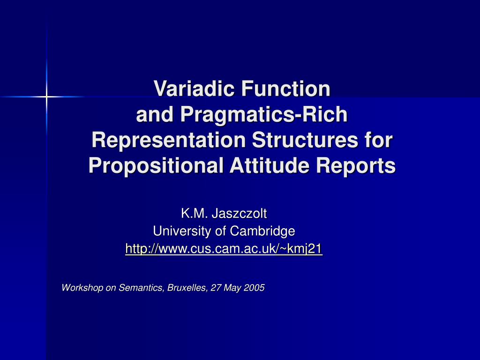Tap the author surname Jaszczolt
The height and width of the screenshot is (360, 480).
(x=239, y=214)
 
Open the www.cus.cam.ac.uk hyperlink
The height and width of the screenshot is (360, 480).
(x=224, y=248)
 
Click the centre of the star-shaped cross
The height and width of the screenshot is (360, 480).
(x=47, y=97)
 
